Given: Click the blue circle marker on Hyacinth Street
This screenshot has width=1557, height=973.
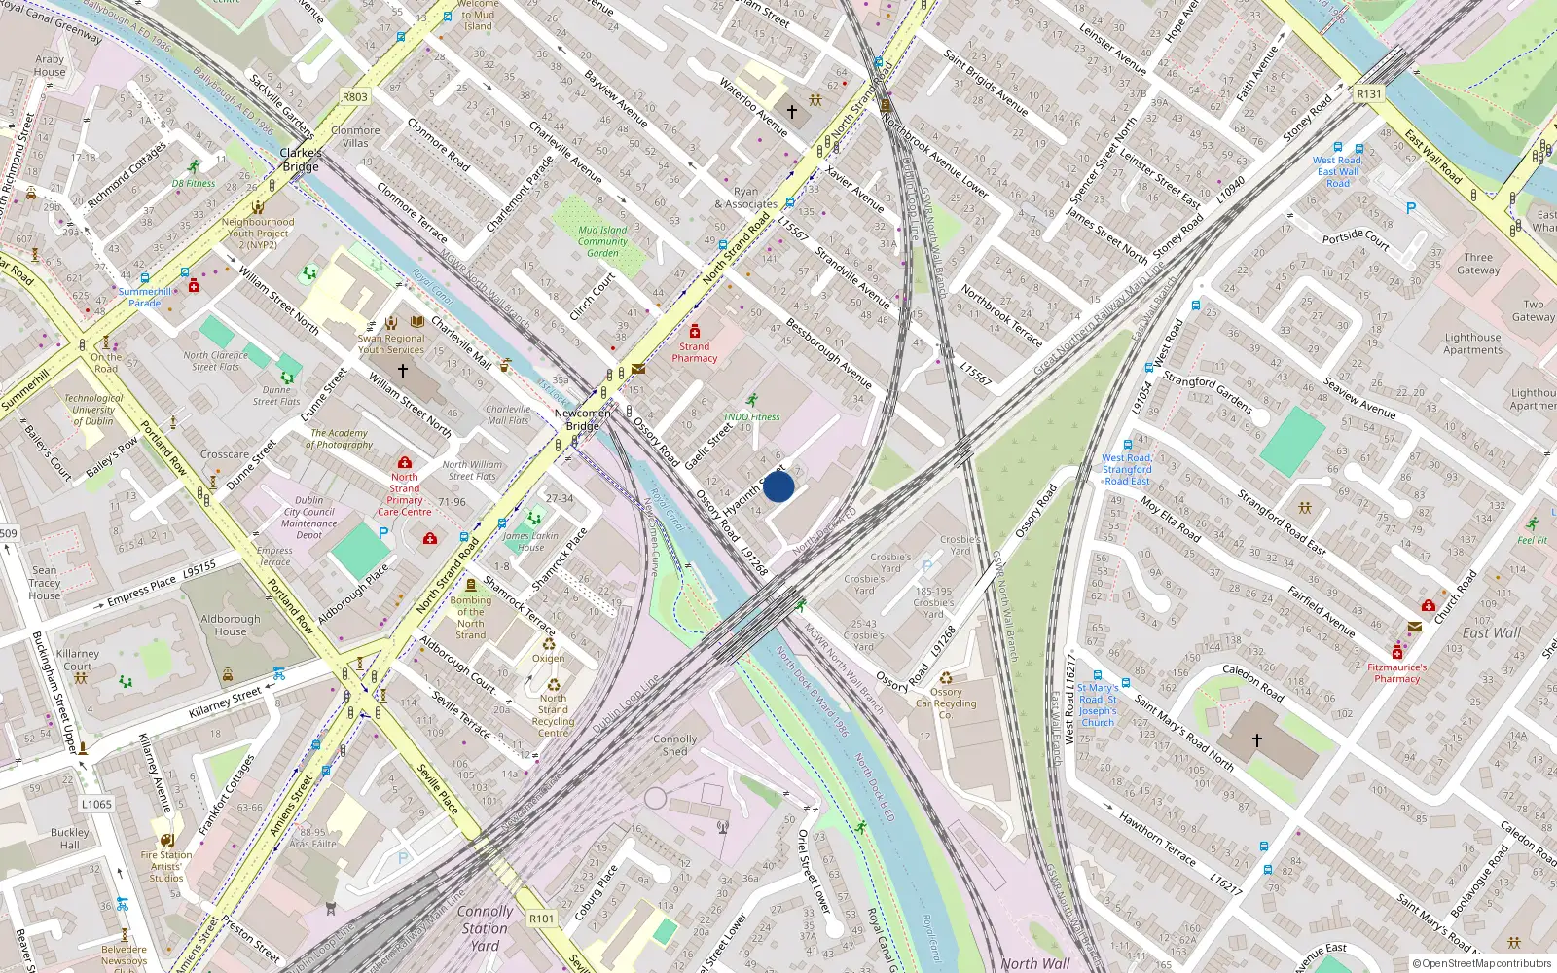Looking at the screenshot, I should (x=778, y=486).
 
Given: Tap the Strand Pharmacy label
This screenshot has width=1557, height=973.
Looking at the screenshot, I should (x=695, y=352).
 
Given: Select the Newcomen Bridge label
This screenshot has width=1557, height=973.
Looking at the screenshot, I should (x=583, y=419).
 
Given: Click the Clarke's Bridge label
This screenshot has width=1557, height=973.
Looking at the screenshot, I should (x=301, y=160).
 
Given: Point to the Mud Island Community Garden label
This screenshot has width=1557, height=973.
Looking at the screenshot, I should (x=602, y=241).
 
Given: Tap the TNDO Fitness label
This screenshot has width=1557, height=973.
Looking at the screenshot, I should (x=751, y=416).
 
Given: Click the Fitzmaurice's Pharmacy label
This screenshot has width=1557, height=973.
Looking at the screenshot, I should (x=1396, y=672).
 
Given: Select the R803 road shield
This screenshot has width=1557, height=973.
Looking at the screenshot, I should (x=355, y=97).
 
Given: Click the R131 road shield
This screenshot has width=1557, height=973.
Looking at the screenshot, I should (x=1368, y=94).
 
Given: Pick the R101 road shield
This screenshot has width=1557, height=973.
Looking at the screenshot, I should (x=542, y=919).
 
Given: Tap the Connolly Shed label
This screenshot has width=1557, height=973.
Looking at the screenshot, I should (x=674, y=745).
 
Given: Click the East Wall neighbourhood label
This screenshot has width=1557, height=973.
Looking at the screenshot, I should (x=1491, y=632).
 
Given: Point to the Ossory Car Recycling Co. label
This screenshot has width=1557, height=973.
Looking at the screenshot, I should (x=945, y=703).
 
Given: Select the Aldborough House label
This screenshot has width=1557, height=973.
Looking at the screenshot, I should (x=231, y=625).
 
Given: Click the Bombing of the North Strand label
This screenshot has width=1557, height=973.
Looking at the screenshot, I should (x=471, y=618).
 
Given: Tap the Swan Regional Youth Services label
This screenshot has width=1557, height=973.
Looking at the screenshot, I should (x=391, y=344).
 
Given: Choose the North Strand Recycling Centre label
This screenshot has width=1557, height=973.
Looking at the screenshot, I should (x=553, y=715).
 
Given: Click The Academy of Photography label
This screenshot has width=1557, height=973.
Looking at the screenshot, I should (x=340, y=439).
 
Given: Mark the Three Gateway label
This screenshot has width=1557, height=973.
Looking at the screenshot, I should (x=1477, y=264).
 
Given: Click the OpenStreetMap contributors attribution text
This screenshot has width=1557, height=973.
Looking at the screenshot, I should (x=1482, y=963).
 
